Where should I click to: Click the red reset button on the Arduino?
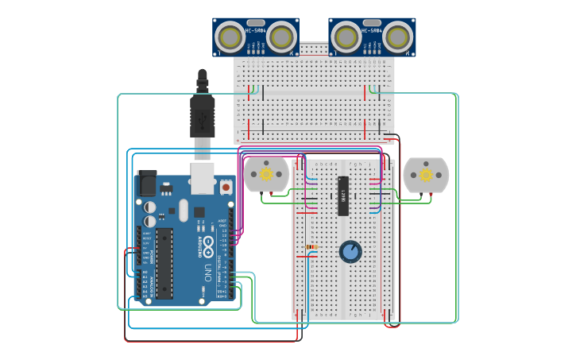(226, 188)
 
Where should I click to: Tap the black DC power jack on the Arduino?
(147, 184)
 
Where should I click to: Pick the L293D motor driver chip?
(343, 195)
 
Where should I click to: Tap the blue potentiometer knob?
(350, 252)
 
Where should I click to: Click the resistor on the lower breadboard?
(311, 246)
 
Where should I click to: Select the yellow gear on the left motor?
(266, 174)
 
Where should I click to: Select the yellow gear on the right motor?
(426, 175)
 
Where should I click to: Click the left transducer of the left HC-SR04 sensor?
(231, 37)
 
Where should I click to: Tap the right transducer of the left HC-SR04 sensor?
(280, 37)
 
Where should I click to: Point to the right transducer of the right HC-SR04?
(396, 37)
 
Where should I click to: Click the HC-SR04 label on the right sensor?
(372, 31)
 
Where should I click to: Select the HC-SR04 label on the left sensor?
(255, 31)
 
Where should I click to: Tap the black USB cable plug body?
(202, 115)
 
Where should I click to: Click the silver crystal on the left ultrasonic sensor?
(255, 22)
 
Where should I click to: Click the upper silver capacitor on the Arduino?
(149, 207)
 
